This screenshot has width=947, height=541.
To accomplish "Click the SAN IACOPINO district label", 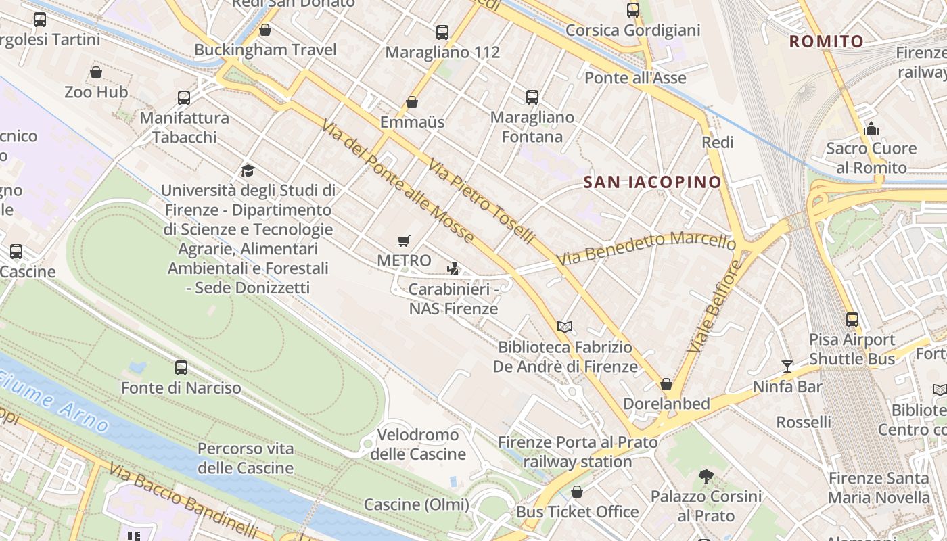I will coord(653,182).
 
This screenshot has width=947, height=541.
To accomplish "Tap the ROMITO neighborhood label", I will coord(827,42).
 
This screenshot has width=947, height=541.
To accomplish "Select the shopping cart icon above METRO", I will coord(404,241).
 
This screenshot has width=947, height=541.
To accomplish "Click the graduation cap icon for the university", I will coord(248,170).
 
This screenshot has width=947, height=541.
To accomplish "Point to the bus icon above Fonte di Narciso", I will coord(181,368).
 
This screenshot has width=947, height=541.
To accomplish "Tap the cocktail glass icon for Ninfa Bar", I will coord(787,367).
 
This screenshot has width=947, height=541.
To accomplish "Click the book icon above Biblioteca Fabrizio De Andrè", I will coord(565,327).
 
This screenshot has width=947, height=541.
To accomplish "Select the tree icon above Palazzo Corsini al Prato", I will coord(706,477).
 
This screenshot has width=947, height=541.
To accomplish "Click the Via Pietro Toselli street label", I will coord(482,201).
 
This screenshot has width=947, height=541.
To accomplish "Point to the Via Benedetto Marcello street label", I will coord(646,249).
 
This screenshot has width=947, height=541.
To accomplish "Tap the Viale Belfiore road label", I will coord(714,306).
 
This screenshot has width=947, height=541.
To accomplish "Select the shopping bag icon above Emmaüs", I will coord(412,102).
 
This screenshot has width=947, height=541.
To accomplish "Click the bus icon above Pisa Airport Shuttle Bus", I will coord(852,320).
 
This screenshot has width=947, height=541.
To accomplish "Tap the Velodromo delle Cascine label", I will coord(418,444).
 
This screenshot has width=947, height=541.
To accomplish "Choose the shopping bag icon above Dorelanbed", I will coord(666,384).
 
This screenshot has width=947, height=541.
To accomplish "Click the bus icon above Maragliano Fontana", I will coord(532,97).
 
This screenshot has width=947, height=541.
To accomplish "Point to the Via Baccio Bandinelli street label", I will coord(183,500).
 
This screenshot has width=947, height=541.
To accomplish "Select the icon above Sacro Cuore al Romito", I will coord(871,128).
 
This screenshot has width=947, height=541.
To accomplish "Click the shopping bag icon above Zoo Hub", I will coord(96,72).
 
